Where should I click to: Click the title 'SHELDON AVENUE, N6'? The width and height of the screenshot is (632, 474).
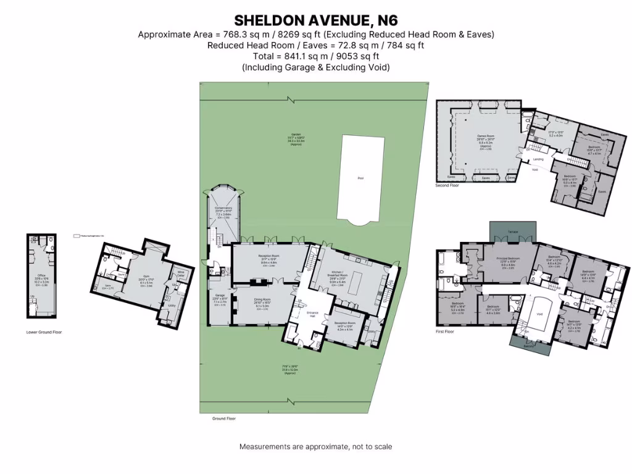point(315,20)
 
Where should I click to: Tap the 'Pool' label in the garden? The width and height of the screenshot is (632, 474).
point(360,178)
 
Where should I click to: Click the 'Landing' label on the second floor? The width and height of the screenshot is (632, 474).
point(538,159)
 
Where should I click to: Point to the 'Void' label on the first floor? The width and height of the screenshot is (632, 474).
point(539,313)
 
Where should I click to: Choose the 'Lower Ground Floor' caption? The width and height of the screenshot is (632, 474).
point(44,332)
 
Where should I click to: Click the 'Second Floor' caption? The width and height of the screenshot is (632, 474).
point(447,185)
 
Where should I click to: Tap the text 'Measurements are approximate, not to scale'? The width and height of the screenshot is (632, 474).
point(315,446)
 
